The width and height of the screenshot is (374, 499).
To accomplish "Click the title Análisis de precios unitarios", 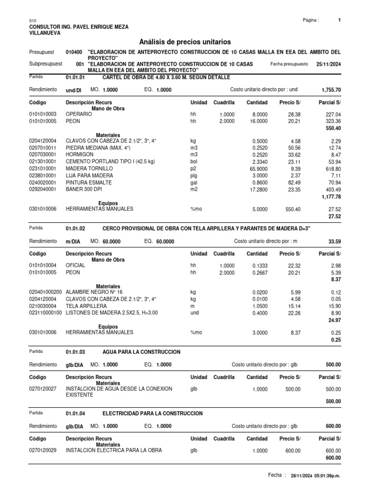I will tap(185, 42).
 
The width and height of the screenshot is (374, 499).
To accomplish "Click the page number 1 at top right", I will tap(339, 20).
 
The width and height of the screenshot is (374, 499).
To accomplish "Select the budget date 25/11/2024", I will tap(329, 64).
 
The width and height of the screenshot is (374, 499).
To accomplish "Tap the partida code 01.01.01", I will tap(75, 77).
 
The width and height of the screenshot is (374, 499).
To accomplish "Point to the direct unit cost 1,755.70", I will tap(331, 90).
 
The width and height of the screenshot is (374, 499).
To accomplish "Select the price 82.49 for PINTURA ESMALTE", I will tap(293, 182).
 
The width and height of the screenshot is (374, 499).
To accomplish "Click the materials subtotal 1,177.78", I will tap(331, 196).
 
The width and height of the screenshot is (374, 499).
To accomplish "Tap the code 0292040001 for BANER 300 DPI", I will tap(43, 189).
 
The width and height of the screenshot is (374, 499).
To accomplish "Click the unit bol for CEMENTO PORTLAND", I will tap(194, 162).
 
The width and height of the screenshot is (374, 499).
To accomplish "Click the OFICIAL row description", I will tap(75, 265).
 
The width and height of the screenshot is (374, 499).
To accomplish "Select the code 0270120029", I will tap(43, 450).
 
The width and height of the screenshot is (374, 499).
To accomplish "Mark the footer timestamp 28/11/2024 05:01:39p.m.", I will tap(315, 476).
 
